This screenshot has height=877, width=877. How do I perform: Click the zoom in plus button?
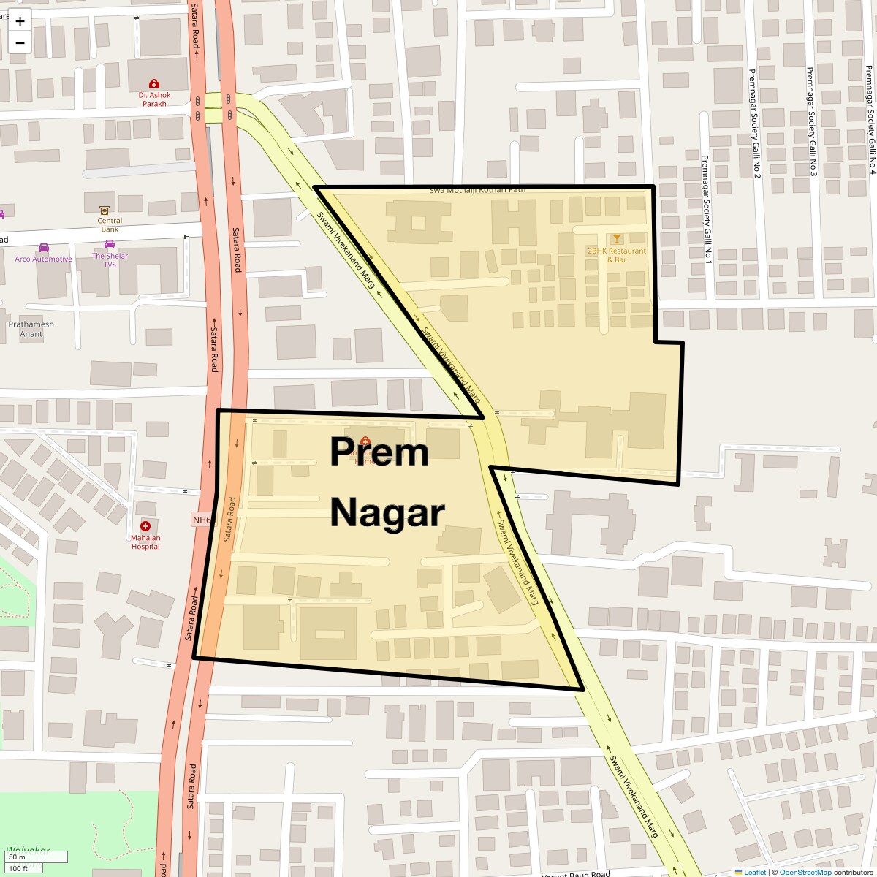tap(20, 21)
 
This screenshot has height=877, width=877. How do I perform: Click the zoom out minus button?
tap(20, 43)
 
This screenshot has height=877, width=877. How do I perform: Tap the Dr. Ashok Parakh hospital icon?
tap(153, 84)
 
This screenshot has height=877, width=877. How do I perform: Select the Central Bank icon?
tap(110, 210)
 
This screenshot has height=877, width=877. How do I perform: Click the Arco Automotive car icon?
tap(44, 248)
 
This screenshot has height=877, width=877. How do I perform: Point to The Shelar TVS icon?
tap(110, 245)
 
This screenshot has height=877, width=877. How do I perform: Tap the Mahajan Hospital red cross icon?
tap(145, 526)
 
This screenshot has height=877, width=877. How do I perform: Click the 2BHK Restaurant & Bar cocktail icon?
tap(617, 239)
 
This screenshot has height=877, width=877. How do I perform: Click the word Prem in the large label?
tap(379, 452)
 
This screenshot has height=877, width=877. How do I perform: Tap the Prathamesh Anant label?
tap(31, 329)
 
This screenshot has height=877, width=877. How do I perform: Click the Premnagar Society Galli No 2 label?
tap(753, 124)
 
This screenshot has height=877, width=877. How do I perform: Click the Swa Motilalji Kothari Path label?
tap(477, 190)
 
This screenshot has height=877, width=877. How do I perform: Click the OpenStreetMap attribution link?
tap(805, 872)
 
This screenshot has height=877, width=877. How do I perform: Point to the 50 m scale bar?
tap(18, 857)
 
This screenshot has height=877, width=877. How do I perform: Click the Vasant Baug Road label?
tap(576, 874)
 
